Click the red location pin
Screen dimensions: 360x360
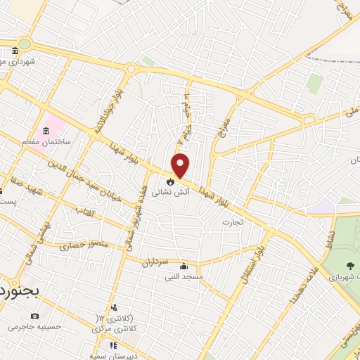point(181,165)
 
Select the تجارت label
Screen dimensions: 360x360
point(232,223)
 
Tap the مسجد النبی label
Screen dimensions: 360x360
point(184,277)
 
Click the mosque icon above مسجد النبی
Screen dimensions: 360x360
point(184,266)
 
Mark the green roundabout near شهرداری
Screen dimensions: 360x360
point(25,44)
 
